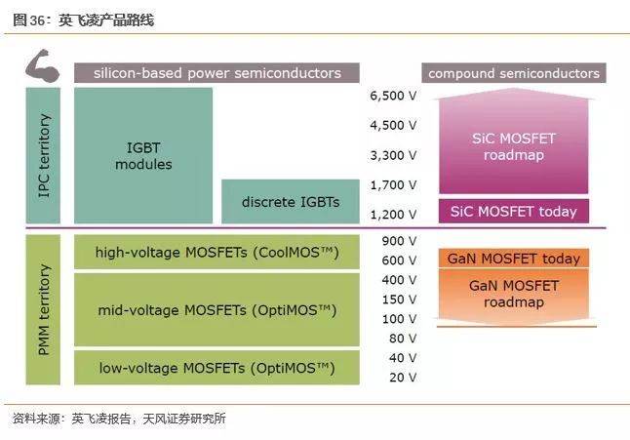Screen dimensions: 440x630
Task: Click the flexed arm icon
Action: [42, 67]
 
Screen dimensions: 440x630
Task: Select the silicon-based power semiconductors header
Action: [217, 73]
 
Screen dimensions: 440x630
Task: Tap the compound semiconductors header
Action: [514, 73]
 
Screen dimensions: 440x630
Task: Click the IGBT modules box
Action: [143, 155]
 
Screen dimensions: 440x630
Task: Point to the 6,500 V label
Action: [393, 97]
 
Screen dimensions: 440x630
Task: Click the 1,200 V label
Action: [393, 214]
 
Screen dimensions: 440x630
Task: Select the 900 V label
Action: [399, 241]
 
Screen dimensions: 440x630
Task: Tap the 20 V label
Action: [402, 377]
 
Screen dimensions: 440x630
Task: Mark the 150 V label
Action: [399, 300]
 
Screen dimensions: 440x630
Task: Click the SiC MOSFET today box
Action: [514, 211]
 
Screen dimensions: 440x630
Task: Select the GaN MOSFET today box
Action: [514, 259]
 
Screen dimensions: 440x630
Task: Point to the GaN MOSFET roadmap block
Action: [514, 294]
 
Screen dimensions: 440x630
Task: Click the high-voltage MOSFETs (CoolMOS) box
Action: [217, 253]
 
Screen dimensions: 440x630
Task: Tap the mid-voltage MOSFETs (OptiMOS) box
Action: [217, 310]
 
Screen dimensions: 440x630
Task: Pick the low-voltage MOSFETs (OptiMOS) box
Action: [217, 368]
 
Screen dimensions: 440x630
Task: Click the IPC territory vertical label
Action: [44, 156]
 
